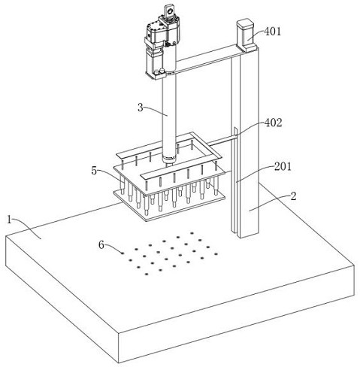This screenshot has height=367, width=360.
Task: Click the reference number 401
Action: pos(273,32)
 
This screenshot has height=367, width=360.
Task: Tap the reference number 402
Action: pos(274,123)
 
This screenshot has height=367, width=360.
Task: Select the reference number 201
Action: pos(283,166)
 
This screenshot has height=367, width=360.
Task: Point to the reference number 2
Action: pos(293,196)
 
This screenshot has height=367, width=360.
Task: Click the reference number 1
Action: pos(10,220)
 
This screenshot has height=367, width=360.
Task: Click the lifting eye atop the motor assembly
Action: pos(169,11)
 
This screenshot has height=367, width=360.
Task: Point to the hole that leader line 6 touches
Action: pos(123,253)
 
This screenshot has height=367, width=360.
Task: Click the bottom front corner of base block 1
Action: pos(119,362)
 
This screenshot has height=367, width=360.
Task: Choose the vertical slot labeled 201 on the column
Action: pos(235,180)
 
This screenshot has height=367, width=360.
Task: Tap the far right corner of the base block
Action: pos(355,264)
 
